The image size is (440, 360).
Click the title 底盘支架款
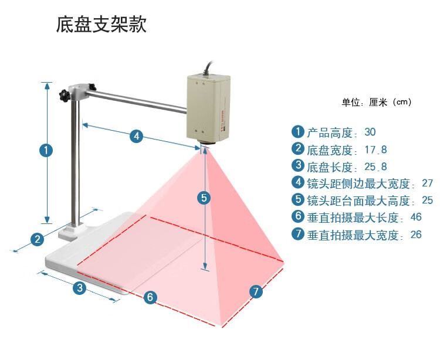click(x=101, y=25)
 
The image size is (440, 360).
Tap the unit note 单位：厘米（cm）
click(x=377, y=102)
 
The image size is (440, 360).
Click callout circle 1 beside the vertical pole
click(x=46, y=150)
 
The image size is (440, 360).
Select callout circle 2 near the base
click(x=38, y=240)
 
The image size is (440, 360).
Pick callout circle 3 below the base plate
click(x=80, y=288)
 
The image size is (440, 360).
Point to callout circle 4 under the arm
click(x=136, y=136)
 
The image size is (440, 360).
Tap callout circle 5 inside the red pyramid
click(x=204, y=198)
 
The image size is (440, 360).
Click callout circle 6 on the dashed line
click(x=150, y=297)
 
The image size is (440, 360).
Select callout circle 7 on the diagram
click(x=256, y=291)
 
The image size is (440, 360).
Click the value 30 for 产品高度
click(x=370, y=132)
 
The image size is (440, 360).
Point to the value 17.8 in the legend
click(x=375, y=150)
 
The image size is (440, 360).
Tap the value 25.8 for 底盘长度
click(x=375, y=167)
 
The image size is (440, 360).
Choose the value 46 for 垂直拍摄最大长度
click(x=416, y=217)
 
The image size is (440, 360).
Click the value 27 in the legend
click(x=427, y=183)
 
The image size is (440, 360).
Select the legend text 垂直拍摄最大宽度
click(x=353, y=235)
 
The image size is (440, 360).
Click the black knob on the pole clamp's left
click(x=65, y=96)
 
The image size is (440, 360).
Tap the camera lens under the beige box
click(x=208, y=142)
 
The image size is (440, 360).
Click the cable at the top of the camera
click(x=209, y=67)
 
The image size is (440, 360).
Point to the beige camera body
click(x=208, y=108)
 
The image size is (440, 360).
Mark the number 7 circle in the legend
click(x=297, y=233)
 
